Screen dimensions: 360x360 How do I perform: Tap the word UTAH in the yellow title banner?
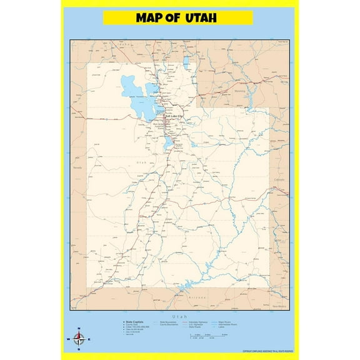pyautogui.click(x=201, y=17)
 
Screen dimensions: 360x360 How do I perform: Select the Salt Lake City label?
pyautogui.click(x=174, y=116)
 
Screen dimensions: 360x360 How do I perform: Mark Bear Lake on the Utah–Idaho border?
pyautogui.click(x=186, y=62)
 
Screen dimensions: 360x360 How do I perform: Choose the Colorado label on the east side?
pyautogui.click(x=279, y=179)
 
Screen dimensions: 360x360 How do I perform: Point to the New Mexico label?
pyautogui.click(x=280, y=306)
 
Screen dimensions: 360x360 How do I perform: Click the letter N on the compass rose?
pyautogui.click(x=79, y=329)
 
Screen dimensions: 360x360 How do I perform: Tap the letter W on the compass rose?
pyautogui.click(x=67, y=340)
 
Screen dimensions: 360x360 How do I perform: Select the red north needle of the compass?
pyautogui.click(x=79, y=336)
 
